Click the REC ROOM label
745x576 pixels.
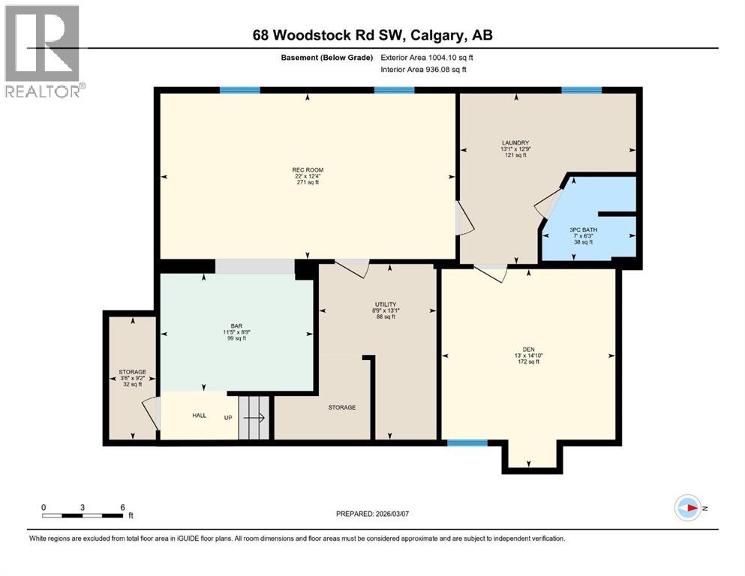point(308,170)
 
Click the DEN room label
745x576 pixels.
point(529,349)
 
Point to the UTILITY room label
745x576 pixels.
point(386,304)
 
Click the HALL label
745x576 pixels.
point(199,415)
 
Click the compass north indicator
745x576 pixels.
point(686,508)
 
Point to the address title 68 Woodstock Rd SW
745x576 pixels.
point(372,35)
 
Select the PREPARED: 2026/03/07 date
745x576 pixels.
point(373,514)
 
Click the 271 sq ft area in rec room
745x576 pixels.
point(308,182)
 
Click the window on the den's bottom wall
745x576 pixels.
point(467,443)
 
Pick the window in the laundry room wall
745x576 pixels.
point(581,90)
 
